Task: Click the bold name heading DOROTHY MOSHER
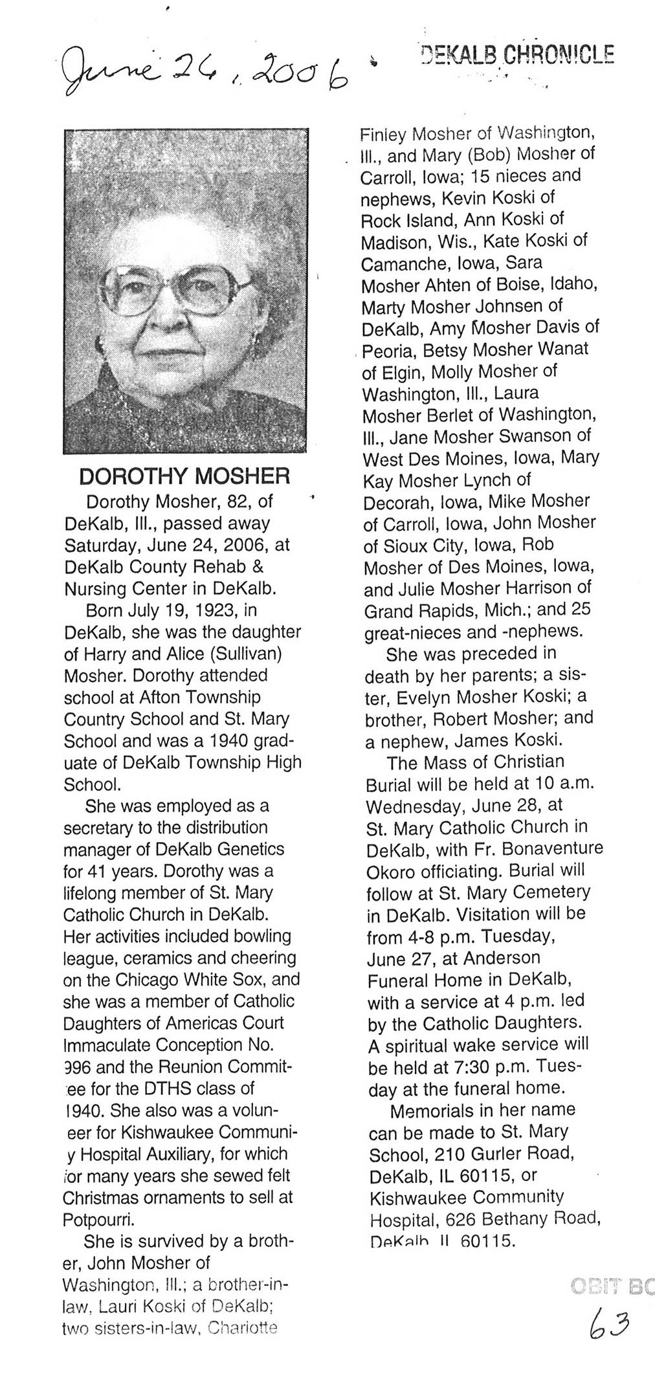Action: (x=184, y=477)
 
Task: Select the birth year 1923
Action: (x=215, y=610)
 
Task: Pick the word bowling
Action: (x=264, y=936)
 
